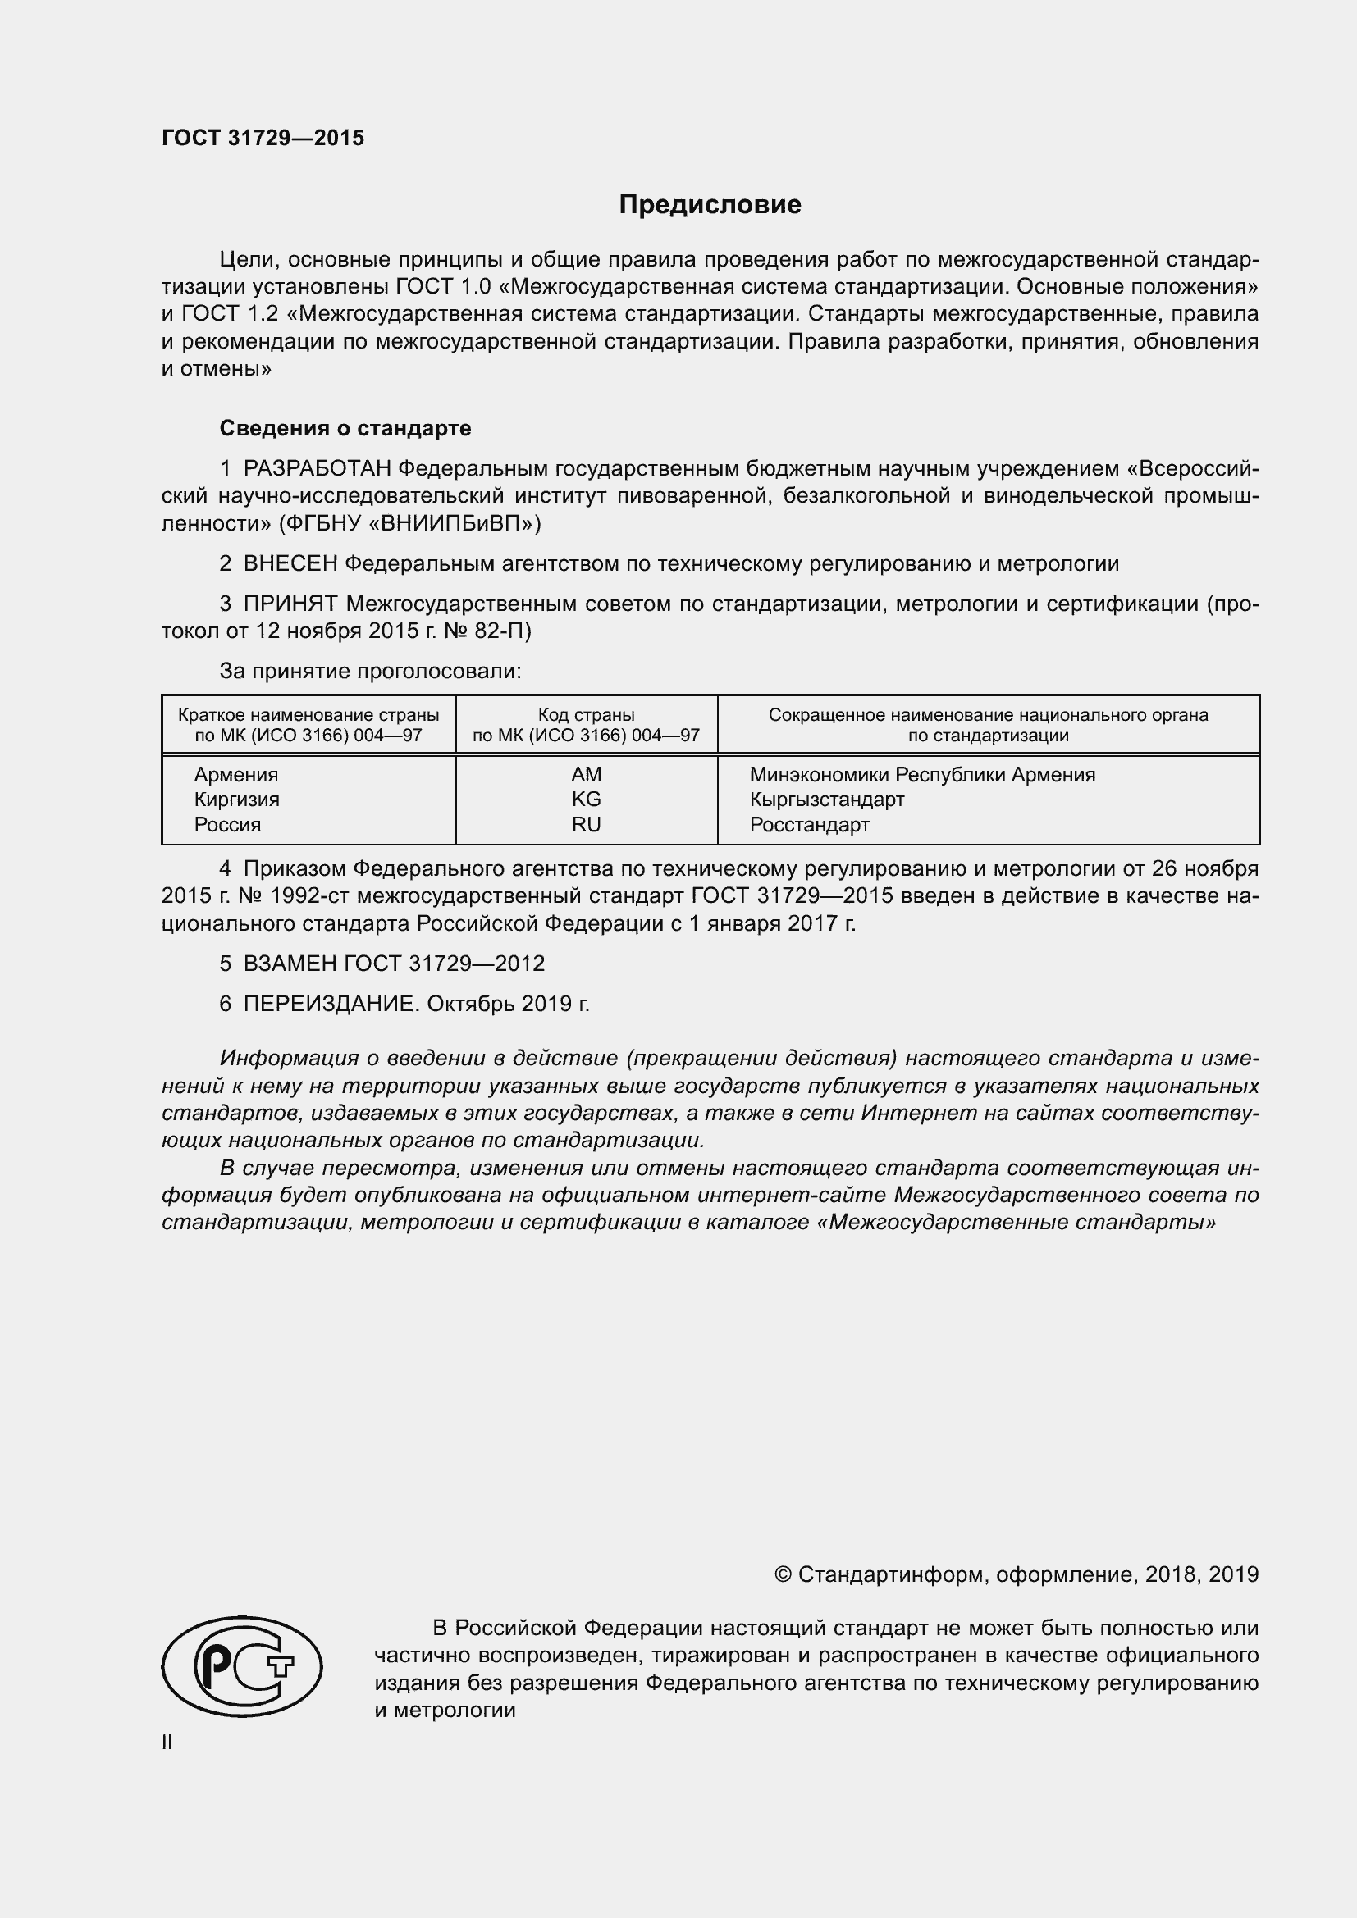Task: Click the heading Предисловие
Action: pos(710,206)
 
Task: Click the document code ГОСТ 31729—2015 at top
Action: pos(263,138)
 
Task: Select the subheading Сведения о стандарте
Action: pos(345,429)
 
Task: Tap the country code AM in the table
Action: pos(586,774)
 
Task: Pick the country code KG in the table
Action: pos(586,800)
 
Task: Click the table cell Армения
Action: pos(236,774)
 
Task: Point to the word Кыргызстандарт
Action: pos(826,800)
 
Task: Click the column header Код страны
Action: pos(586,715)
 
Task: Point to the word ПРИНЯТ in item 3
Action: pos(290,604)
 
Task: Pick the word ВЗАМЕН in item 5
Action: pos(290,964)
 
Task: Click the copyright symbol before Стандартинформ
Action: pos(783,1574)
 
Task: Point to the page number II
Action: pos(167,1743)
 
